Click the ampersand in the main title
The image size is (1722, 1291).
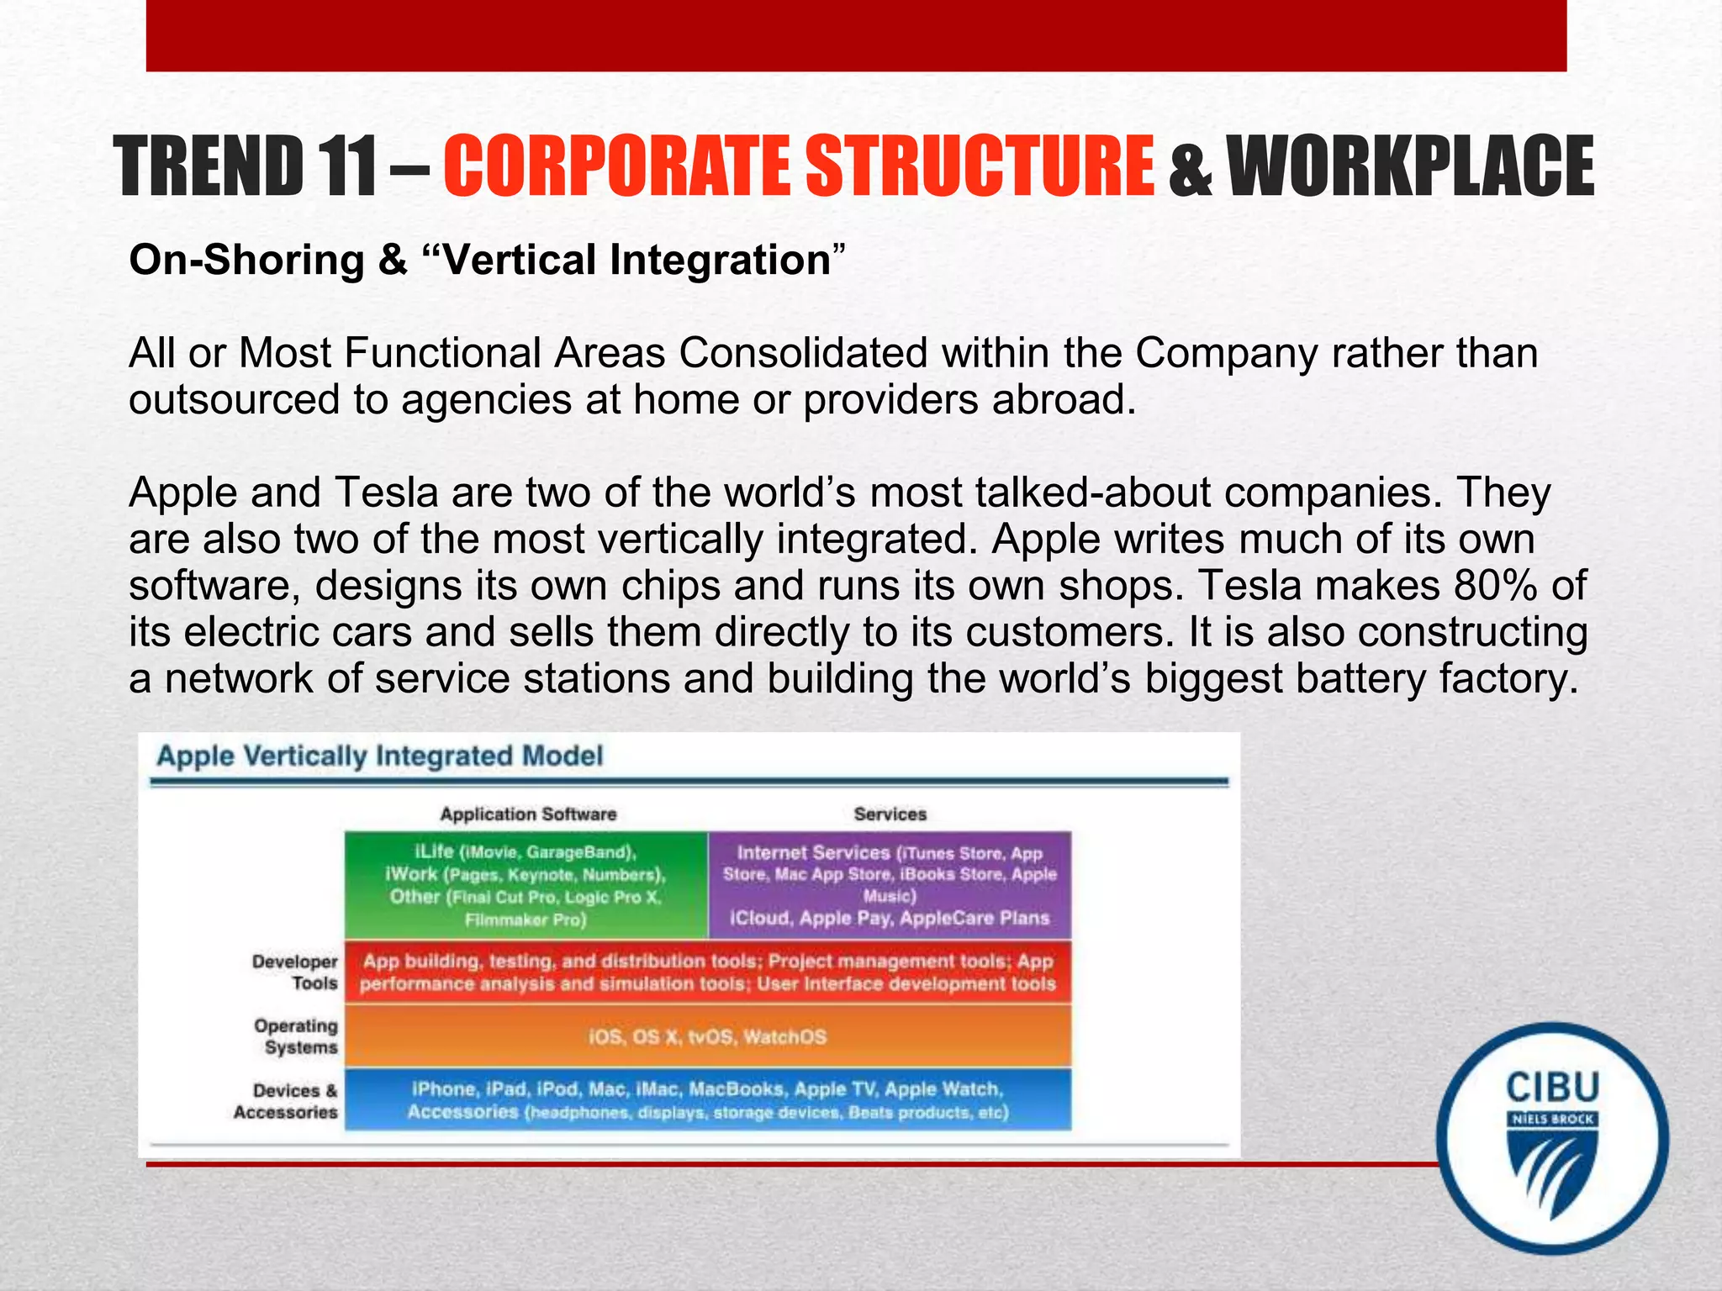(1189, 168)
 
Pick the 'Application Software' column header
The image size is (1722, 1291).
(528, 814)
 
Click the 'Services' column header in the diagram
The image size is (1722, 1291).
(890, 814)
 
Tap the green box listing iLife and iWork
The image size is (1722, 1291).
(526, 885)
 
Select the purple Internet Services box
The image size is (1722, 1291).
(890, 885)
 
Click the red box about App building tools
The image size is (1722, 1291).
(708, 972)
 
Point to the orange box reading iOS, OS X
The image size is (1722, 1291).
(708, 1036)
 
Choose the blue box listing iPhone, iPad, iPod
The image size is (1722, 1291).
(708, 1099)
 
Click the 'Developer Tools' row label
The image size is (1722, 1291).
(296, 972)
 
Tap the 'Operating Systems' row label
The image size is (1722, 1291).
(296, 1036)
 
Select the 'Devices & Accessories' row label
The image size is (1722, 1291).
(288, 1101)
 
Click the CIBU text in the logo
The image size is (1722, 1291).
(1552, 1087)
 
